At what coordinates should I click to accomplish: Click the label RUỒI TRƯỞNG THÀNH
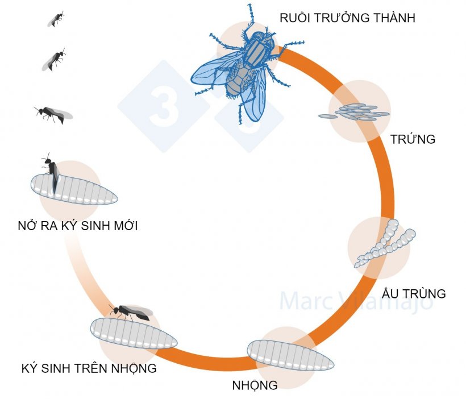point(347,18)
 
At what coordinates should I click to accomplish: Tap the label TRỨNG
point(413,139)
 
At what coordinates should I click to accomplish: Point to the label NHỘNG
point(255,385)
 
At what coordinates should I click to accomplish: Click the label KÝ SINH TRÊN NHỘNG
point(89,368)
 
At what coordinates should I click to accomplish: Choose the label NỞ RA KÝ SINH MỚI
point(78,226)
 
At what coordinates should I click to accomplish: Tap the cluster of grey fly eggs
point(355,112)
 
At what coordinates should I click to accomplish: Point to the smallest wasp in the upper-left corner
point(55,19)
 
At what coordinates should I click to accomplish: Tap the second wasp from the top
point(55,59)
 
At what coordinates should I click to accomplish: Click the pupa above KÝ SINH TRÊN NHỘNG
point(134,332)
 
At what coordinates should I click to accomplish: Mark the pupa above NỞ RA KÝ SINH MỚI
point(74,190)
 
